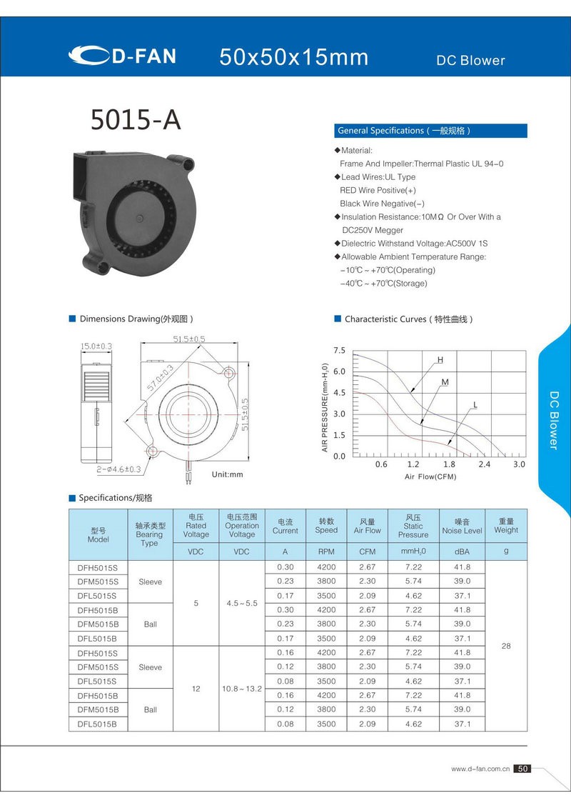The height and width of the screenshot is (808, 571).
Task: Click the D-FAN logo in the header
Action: [x=122, y=56]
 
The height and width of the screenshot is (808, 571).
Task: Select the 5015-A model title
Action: [x=136, y=120]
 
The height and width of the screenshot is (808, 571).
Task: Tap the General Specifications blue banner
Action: [x=431, y=131]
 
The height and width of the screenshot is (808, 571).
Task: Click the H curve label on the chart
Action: [x=440, y=359]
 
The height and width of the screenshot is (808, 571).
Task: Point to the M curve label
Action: [x=445, y=383]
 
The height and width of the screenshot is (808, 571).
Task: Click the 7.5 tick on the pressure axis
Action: [x=339, y=351]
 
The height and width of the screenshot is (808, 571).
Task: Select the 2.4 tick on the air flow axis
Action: [x=485, y=464]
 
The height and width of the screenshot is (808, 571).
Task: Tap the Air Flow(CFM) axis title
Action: [x=430, y=477]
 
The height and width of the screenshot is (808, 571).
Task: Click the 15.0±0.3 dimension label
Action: [x=96, y=346]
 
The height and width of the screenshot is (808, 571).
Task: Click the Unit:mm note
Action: [x=228, y=474]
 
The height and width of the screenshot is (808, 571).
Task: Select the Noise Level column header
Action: [x=462, y=526]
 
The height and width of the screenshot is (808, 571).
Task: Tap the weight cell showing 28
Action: [x=506, y=646]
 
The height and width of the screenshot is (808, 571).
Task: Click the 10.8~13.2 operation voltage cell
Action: [x=242, y=688]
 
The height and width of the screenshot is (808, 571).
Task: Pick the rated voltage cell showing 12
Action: [x=196, y=688]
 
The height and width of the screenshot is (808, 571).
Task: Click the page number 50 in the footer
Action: [x=523, y=769]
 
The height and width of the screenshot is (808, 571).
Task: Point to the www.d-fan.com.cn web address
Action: [x=480, y=769]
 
